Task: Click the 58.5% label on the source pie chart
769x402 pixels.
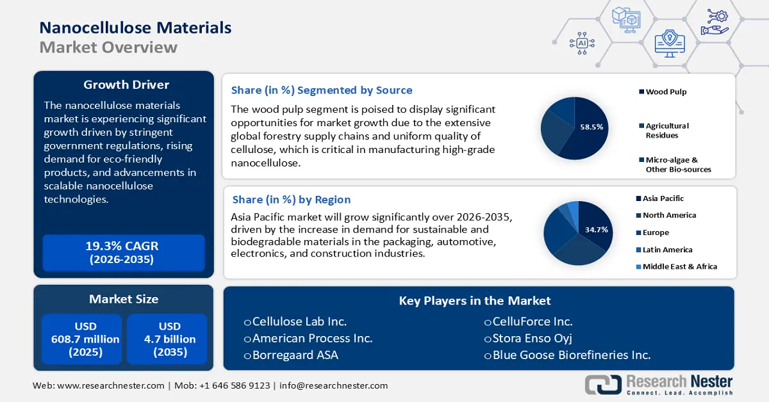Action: point(591,127)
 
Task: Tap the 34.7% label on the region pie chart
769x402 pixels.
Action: point(596,229)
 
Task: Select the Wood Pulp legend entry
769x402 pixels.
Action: point(666,92)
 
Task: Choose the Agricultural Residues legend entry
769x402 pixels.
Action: point(666,131)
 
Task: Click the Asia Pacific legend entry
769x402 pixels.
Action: point(663,198)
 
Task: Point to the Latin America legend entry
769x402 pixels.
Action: point(667,250)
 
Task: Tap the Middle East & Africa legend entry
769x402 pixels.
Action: point(679,266)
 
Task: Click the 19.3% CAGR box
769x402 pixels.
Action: point(122,252)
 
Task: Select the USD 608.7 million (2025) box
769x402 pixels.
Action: point(81,339)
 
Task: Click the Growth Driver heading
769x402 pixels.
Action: point(126,85)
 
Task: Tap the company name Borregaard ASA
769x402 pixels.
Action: point(295,355)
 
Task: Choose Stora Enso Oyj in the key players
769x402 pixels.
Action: point(531,338)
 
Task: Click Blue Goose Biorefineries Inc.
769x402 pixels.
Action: point(571,355)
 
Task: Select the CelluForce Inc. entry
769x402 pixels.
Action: point(532,321)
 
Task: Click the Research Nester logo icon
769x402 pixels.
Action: point(602,384)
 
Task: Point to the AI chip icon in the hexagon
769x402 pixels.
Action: point(582,43)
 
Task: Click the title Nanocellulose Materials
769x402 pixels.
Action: point(135,28)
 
